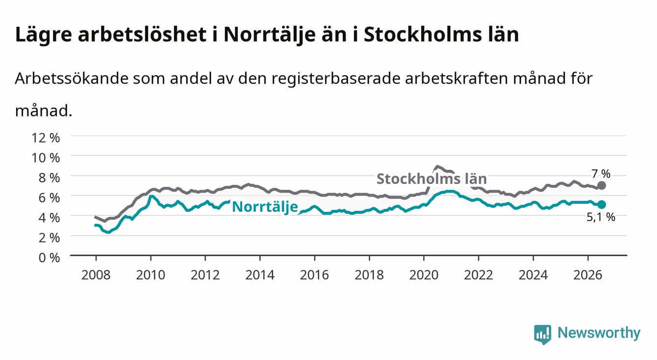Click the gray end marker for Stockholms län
click(601, 185)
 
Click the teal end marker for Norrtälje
click(601, 205)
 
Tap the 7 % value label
click(601, 174)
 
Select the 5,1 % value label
click(601, 217)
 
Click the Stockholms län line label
click(431, 179)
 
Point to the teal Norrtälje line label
click(265, 207)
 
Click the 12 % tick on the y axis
click(46, 138)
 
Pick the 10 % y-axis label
click(46, 157)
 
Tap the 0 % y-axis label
click(49, 257)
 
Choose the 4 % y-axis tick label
click(49, 218)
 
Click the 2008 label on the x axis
click(96, 275)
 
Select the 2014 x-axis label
click(260, 275)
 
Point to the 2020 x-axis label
click(424, 275)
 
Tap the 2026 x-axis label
click(588, 275)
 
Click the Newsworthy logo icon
click(543, 334)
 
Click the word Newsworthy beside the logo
click(599, 333)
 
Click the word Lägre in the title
click(44, 35)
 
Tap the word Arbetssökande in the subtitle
click(72, 78)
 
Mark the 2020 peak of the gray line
click(437, 166)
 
